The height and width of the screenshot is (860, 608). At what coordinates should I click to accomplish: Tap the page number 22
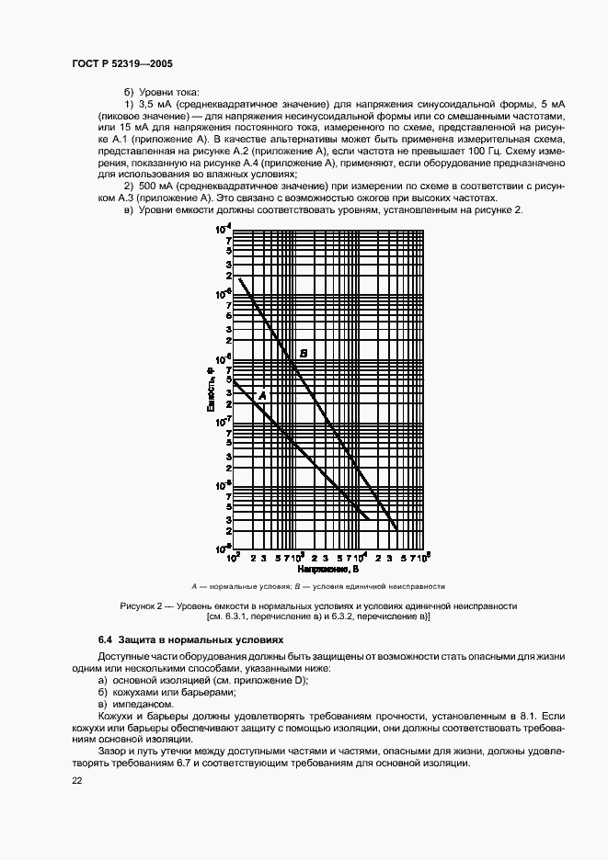[76, 780]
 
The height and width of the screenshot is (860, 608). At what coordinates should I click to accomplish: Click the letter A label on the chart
[262, 395]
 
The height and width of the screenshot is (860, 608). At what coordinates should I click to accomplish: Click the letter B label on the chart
[304, 353]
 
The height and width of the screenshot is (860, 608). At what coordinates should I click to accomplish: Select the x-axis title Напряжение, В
[327, 570]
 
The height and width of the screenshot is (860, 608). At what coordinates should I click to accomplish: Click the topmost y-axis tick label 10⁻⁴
[223, 229]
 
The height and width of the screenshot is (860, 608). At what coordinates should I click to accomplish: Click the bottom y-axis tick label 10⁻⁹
[223, 549]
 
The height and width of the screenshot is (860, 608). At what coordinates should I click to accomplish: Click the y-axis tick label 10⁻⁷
[223, 421]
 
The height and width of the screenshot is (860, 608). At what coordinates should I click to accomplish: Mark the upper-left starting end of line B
[239, 278]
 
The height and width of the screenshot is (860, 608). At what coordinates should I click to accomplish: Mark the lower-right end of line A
[368, 520]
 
